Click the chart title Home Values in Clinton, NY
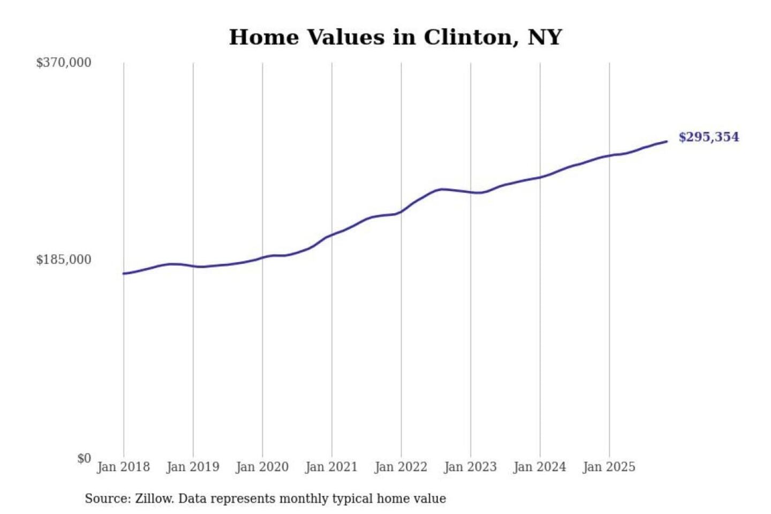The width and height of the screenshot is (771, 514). click(x=395, y=37)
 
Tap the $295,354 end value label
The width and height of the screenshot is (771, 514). click(x=708, y=137)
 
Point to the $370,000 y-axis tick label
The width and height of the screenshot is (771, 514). click(x=64, y=63)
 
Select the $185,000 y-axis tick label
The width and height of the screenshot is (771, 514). click(x=64, y=260)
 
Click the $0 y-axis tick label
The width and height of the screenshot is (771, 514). click(x=84, y=458)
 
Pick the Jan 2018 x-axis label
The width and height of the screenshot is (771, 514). click(x=124, y=467)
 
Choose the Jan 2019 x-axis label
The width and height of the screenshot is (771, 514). click(x=193, y=467)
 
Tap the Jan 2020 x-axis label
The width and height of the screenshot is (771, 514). click(x=262, y=467)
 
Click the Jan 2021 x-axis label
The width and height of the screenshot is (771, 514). click(x=331, y=467)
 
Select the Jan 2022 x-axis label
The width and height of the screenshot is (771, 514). click(x=401, y=467)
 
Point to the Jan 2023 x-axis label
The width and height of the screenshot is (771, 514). click(x=471, y=467)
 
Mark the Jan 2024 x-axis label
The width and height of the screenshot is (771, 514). click(x=540, y=467)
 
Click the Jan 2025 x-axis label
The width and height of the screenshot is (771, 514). click(x=609, y=467)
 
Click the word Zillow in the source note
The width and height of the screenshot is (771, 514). click(x=154, y=498)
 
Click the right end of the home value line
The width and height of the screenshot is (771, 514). click(x=667, y=141)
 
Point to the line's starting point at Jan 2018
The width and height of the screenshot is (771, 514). click(x=124, y=274)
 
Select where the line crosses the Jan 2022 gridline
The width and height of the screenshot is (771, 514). click(x=401, y=212)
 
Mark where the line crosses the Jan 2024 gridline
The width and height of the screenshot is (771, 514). click(x=540, y=177)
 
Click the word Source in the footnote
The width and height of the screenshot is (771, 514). click(x=107, y=498)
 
